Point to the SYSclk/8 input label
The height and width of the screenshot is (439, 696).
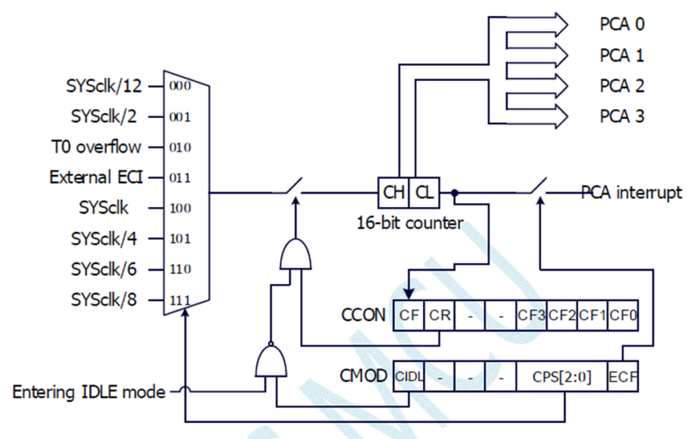[x=106, y=299]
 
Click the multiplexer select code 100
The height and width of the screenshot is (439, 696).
[x=180, y=208]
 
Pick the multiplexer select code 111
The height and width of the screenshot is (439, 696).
[x=180, y=299]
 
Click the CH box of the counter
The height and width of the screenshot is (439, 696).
[x=393, y=192]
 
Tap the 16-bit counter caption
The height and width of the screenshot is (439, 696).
[x=409, y=220]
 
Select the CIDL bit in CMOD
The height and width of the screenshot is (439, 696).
[x=409, y=376]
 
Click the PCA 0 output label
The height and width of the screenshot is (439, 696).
[x=622, y=23]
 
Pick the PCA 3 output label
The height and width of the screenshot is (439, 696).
[x=622, y=116]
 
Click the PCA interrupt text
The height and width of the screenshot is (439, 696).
[x=631, y=193]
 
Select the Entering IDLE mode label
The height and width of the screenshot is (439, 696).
[x=89, y=392]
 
